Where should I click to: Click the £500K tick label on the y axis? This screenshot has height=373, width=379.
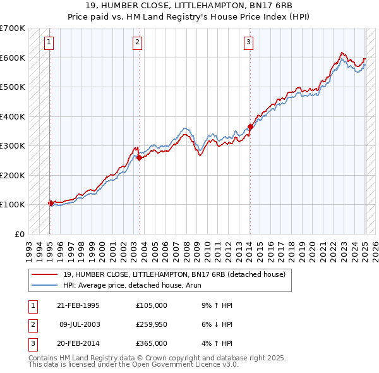click(13, 87)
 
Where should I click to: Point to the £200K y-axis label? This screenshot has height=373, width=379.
click(13, 175)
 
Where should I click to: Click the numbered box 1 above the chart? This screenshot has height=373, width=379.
click(49, 42)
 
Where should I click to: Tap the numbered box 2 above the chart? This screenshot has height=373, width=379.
click(138, 42)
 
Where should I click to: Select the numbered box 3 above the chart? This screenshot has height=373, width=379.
click(249, 42)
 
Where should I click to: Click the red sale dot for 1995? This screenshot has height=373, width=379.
click(51, 203)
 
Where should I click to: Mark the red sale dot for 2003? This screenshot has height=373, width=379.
click(140, 157)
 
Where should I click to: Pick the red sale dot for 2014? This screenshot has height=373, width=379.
click(250, 126)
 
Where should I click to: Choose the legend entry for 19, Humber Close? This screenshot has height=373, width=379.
click(174, 274)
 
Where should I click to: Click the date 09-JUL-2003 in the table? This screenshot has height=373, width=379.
click(79, 324)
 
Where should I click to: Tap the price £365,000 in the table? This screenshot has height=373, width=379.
click(152, 343)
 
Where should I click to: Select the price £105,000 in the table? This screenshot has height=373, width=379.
click(152, 305)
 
